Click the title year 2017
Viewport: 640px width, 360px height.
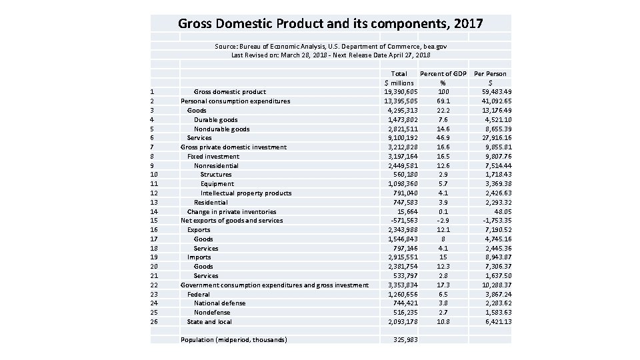click(465, 24)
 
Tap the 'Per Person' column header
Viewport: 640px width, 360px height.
click(490, 73)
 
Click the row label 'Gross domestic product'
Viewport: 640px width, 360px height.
click(229, 92)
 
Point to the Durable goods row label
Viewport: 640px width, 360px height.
click(215, 119)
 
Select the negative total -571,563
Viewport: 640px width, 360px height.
click(402, 221)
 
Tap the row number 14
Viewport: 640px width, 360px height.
click(153, 211)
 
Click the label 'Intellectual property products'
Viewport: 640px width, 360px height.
click(246, 193)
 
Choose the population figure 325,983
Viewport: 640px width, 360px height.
click(405, 340)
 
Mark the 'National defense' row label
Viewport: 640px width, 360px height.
click(219, 303)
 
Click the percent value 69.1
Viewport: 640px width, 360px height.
click(443, 101)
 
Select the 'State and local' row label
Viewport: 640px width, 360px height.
click(209, 322)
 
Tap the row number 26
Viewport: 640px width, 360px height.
click(153, 322)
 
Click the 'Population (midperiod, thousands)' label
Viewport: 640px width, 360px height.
click(233, 340)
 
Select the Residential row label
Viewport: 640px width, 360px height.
click(211, 203)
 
